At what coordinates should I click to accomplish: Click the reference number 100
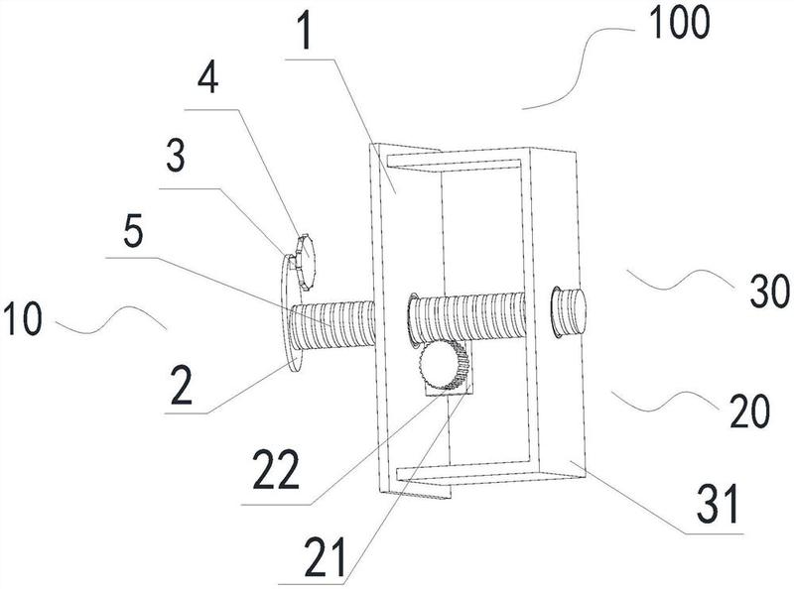pyautogui.click(x=680, y=23)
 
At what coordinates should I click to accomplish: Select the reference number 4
pyautogui.click(x=208, y=79)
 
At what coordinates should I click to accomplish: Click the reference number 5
pyautogui.click(x=132, y=233)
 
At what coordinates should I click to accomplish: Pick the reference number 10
pyautogui.click(x=22, y=317)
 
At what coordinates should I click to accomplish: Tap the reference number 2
pyautogui.click(x=181, y=387)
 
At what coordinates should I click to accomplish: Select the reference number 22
pyautogui.click(x=275, y=471)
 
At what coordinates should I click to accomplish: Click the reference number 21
pyautogui.click(x=326, y=558)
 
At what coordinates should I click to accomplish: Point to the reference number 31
pyautogui.click(x=719, y=504)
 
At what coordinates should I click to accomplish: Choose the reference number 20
pyautogui.click(x=750, y=412)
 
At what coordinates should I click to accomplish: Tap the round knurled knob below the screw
pyautogui.click(x=439, y=363)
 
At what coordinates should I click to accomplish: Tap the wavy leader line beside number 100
pyautogui.click(x=578, y=68)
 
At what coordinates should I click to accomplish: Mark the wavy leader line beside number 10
pyautogui.click(x=111, y=319)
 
